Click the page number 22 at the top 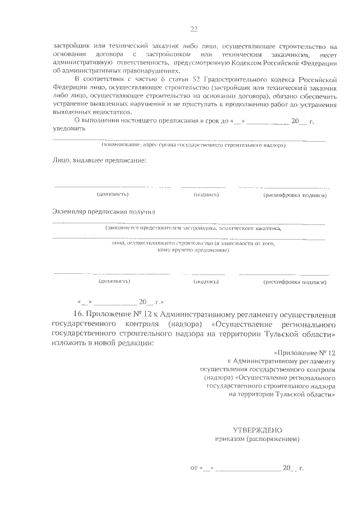point(193,29)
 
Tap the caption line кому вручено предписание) point(193,249)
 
